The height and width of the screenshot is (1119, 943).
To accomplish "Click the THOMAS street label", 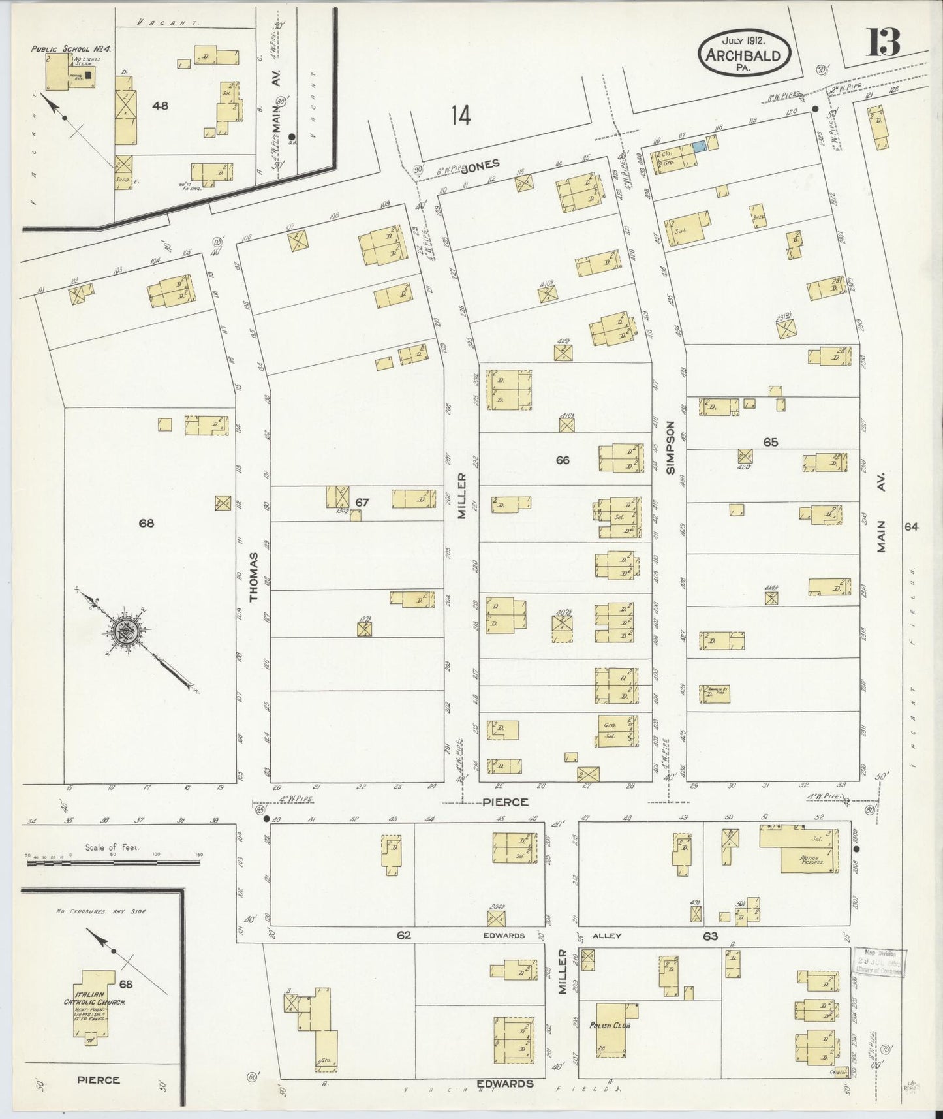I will pyautogui.click(x=255, y=576).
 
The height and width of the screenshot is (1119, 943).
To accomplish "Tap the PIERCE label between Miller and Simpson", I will pyautogui.click(x=504, y=802).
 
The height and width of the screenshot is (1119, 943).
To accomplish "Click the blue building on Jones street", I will pyautogui.click(x=698, y=146).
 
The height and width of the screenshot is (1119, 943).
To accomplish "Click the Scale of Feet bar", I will pyautogui.click(x=112, y=862).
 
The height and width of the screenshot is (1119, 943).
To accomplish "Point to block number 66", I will pyautogui.click(x=562, y=460).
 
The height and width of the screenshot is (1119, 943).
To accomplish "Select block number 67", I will pyautogui.click(x=363, y=502).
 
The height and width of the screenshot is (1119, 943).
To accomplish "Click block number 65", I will pyautogui.click(x=770, y=442).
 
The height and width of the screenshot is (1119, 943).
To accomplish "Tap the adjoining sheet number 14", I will pyautogui.click(x=460, y=116).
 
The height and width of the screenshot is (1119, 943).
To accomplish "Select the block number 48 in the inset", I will pyautogui.click(x=160, y=106).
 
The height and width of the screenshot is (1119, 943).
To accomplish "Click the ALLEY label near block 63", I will pyautogui.click(x=606, y=936).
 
